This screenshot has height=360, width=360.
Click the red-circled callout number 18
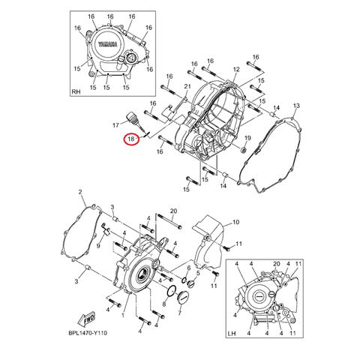[131, 139]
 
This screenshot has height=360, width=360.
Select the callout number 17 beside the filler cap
[115, 124]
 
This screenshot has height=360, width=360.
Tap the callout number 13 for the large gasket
[296, 106]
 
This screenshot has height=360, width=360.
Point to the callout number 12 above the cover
[236, 69]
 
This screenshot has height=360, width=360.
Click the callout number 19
[247, 138]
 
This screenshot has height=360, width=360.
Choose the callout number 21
[187, 86]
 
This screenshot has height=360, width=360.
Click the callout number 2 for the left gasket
[80, 192]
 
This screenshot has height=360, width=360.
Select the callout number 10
[235, 222]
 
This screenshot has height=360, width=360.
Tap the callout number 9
[98, 246]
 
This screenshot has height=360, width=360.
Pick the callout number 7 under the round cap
[179, 313]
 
